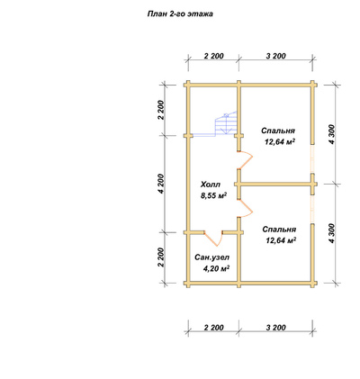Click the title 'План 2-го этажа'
180,14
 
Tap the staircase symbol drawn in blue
226,124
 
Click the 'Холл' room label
211,185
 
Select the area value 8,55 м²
213,195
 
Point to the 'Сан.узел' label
212,257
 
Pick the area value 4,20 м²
216,268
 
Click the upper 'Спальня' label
278,131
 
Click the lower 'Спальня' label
279,230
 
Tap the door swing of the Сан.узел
213,239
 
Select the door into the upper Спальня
247,159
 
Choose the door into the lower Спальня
247,208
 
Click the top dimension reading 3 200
276,56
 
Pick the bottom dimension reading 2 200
213,328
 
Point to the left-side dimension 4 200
162,184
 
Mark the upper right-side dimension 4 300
332,134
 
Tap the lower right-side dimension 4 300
332,233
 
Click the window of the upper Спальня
312,158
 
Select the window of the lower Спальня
312,210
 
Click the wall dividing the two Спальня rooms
276,185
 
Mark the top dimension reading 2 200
213,56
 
